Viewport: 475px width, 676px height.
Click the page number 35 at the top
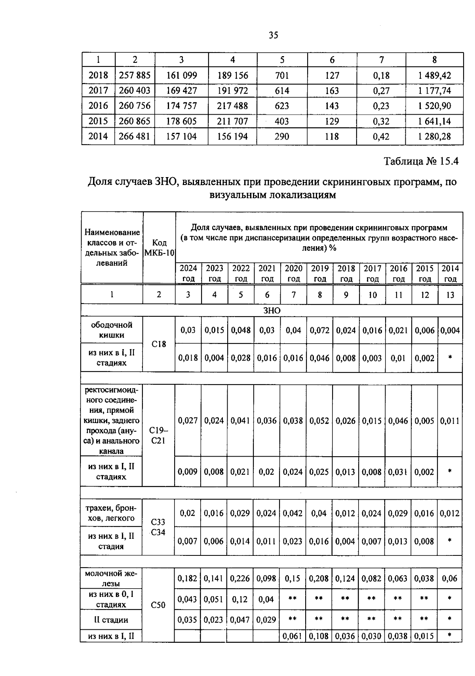274,36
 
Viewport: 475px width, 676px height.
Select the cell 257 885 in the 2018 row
135,75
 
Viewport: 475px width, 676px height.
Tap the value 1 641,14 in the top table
434,121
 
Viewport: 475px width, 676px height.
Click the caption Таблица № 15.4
421,161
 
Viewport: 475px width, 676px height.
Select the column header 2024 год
188,273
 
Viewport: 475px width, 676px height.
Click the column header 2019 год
320,273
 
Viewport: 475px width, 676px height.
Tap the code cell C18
158,344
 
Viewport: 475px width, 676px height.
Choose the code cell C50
158,605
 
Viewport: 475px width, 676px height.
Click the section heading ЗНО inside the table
272,311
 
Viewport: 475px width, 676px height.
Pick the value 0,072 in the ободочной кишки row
319,330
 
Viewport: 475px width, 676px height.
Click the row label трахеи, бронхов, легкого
111,513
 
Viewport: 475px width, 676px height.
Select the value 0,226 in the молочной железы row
240,578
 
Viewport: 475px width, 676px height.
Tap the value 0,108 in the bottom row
319,636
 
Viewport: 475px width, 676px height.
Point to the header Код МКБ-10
159,247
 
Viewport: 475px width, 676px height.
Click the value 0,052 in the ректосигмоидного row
319,421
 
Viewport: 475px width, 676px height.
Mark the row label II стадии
111,620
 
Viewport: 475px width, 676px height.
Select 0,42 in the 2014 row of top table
381,136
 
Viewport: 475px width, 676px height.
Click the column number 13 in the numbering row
450,295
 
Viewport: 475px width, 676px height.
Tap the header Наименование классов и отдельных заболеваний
112,247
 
